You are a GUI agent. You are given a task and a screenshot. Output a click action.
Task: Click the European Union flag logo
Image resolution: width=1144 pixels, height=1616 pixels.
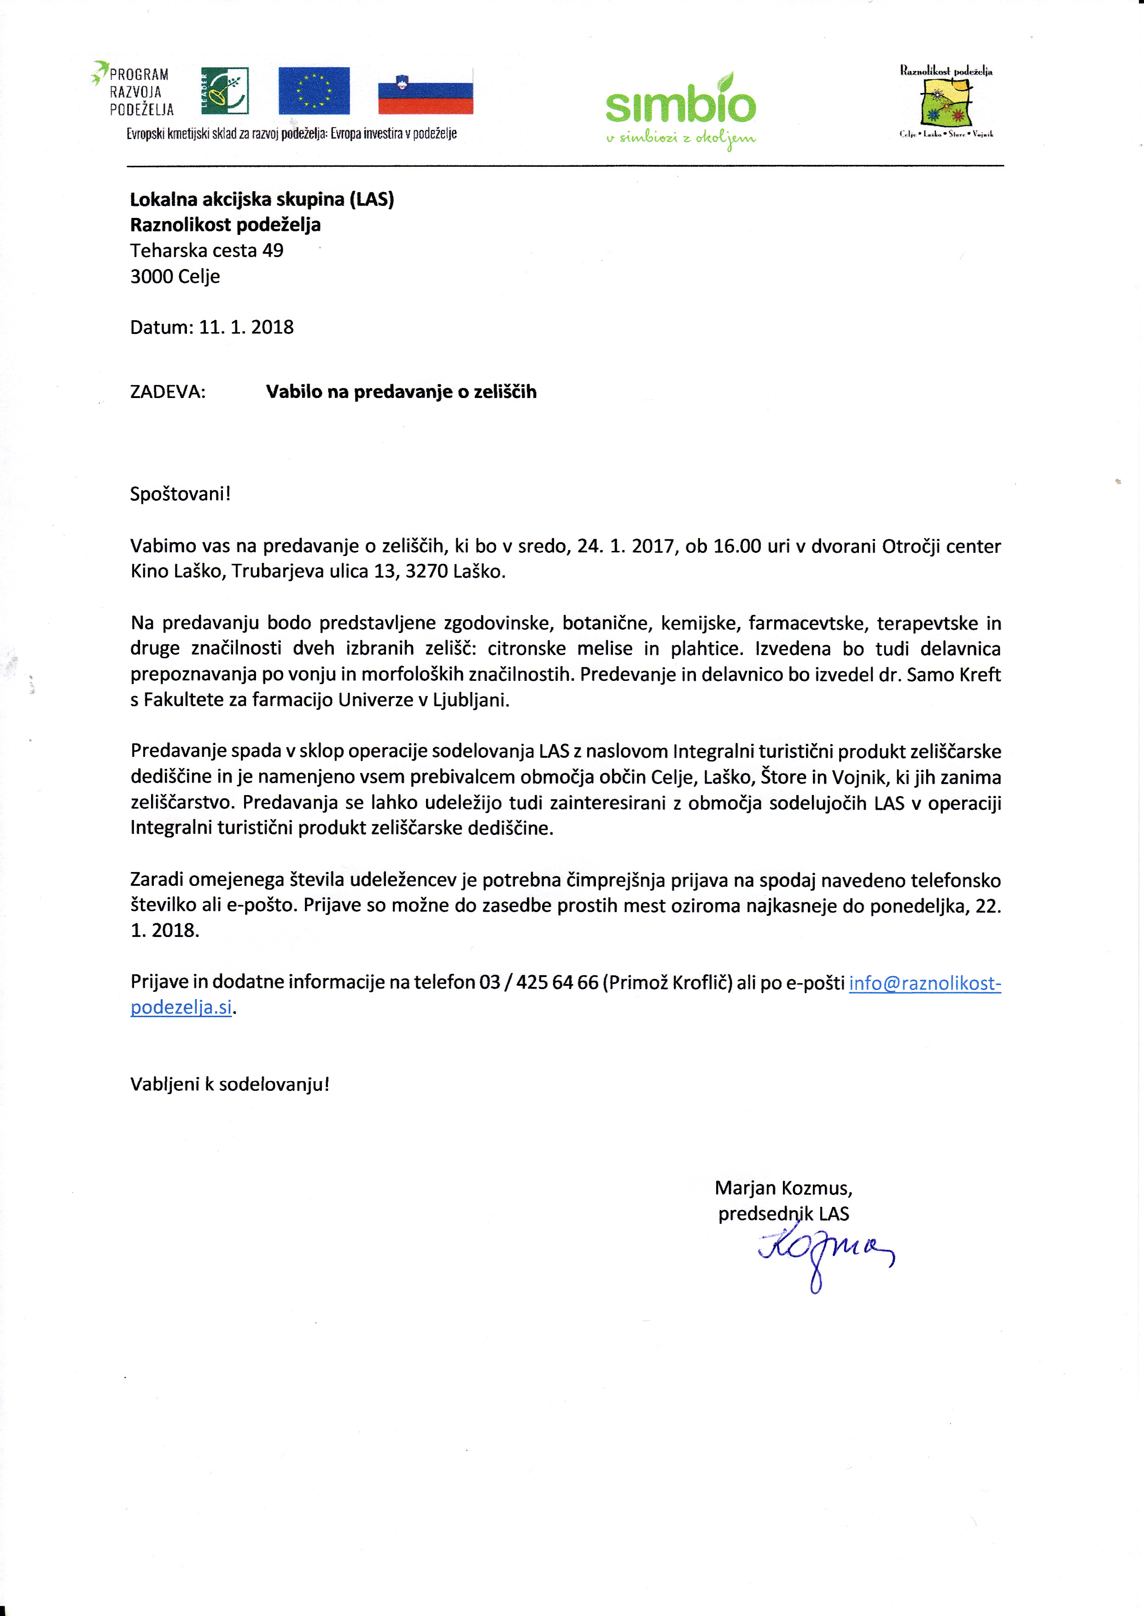[x=314, y=91]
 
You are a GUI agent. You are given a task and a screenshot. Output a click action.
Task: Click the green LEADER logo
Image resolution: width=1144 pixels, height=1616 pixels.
[x=225, y=91]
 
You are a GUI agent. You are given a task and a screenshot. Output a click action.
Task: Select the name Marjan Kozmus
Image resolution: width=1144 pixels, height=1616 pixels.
[x=782, y=1188]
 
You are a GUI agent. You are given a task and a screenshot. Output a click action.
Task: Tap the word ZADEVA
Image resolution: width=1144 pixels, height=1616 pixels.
[x=168, y=392]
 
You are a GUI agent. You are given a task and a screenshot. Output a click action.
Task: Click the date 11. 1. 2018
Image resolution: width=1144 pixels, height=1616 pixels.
[x=246, y=327]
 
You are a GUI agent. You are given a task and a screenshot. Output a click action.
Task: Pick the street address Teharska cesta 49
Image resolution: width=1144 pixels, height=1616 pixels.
[x=206, y=250]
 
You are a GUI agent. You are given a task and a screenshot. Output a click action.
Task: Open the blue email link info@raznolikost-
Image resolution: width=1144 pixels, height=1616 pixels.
[x=924, y=983]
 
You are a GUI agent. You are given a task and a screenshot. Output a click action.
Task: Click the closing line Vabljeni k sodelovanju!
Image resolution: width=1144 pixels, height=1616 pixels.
[x=230, y=1084]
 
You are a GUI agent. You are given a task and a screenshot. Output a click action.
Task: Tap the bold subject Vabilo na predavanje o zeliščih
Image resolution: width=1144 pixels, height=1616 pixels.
[x=401, y=392]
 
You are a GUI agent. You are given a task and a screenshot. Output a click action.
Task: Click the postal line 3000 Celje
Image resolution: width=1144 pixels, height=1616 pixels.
[x=175, y=276]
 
